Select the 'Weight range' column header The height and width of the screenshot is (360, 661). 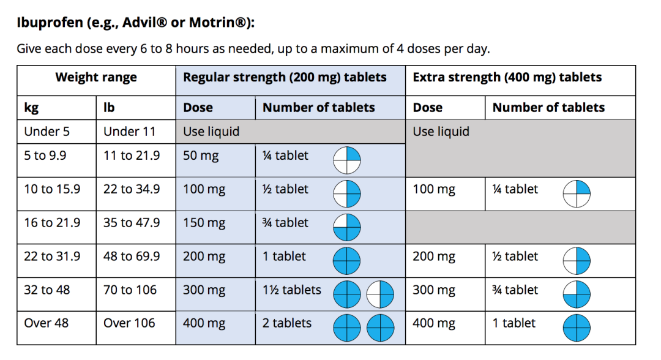pyautogui.click(x=96, y=78)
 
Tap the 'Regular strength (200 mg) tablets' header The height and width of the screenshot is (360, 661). pyautogui.click(x=285, y=78)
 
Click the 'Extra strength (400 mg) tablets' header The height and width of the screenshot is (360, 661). pyautogui.click(x=507, y=78)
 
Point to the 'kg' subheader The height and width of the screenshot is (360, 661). pyautogui.click(x=31, y=108)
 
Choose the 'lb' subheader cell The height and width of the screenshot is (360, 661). pyautogui.click(x=109, y=108)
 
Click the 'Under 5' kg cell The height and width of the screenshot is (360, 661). pyautogui.click(x=42, y=132)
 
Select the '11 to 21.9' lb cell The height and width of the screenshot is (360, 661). pyautogui.click(x=131, y=156)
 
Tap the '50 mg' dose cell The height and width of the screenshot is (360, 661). pyautogui.click(x=201, y=156)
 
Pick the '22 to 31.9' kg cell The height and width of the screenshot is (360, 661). pyautogui.click(x=52, y=257)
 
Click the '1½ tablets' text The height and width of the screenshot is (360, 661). pyautogui.click(x=291, y=290)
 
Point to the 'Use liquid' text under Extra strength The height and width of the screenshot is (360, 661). pyautogui.click(x=441, y=132)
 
